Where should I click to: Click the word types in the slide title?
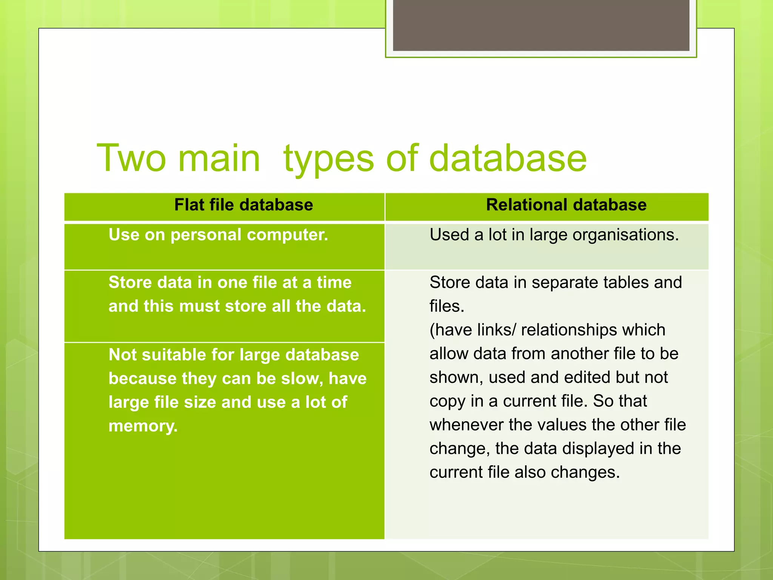coord(328,159)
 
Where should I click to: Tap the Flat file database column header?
coord(243,205)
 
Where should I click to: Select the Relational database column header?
coord(566,205)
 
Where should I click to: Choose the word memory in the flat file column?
coord(143,426)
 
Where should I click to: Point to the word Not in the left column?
coord(123,355)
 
